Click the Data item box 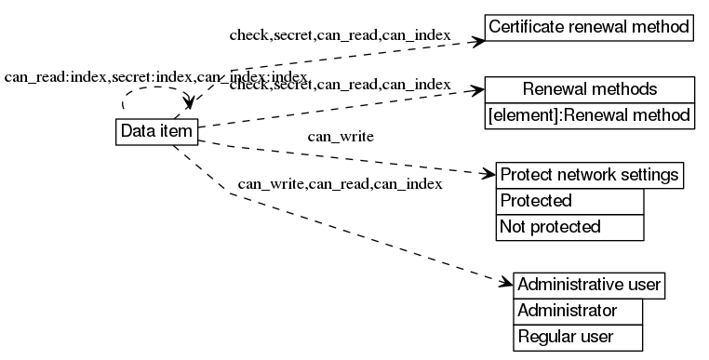coord(156,131)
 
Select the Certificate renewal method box coord(591,26)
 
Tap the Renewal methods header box coord(590,90)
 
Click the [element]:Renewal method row coord(590,115)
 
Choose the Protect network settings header coord(590,175)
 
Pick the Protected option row coord(570,201)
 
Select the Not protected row coord(570,226)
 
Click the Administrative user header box coord(590,284)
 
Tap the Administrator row coord(578,310)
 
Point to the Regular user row coord(578,336)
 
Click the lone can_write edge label coord(341,138)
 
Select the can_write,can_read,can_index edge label coord(340,183)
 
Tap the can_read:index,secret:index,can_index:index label coord(155,76)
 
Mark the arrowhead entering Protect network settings coord(488,174)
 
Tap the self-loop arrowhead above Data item coord(192,102)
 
